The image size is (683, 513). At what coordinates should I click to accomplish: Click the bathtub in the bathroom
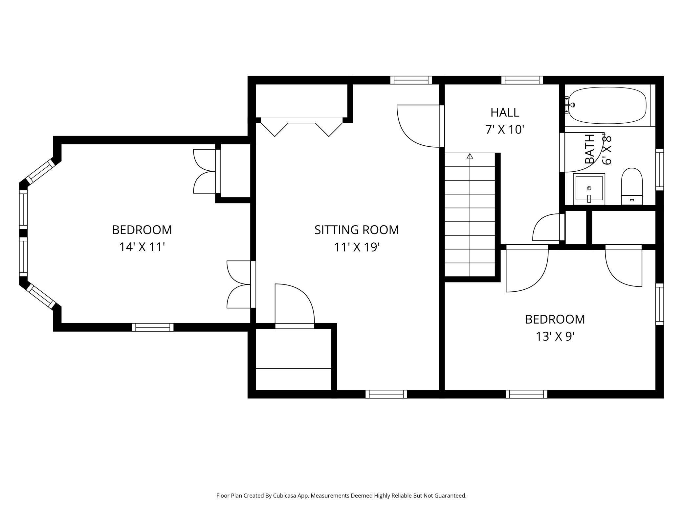(607, 105)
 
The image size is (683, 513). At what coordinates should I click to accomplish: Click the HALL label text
(505, 112)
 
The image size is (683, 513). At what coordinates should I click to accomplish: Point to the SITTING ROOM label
(357, 230)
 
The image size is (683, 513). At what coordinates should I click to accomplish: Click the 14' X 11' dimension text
(142, 247)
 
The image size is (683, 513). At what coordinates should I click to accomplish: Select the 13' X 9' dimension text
(555, 336)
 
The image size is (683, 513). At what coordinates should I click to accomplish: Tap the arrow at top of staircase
(470, 156)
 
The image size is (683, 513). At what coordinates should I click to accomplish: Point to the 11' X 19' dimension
(357, 247)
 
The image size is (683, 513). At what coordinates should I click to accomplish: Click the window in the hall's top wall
(522, 80)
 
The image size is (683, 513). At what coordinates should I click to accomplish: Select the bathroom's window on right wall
(659, 169)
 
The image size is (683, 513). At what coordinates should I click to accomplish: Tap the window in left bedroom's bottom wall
(153, 327)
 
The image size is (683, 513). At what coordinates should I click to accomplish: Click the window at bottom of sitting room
(386, 394)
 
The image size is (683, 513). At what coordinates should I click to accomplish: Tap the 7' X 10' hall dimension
(505, 130)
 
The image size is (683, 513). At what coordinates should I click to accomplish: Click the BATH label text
(590, 149)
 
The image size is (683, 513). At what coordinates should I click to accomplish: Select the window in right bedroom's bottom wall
(526, 394)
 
